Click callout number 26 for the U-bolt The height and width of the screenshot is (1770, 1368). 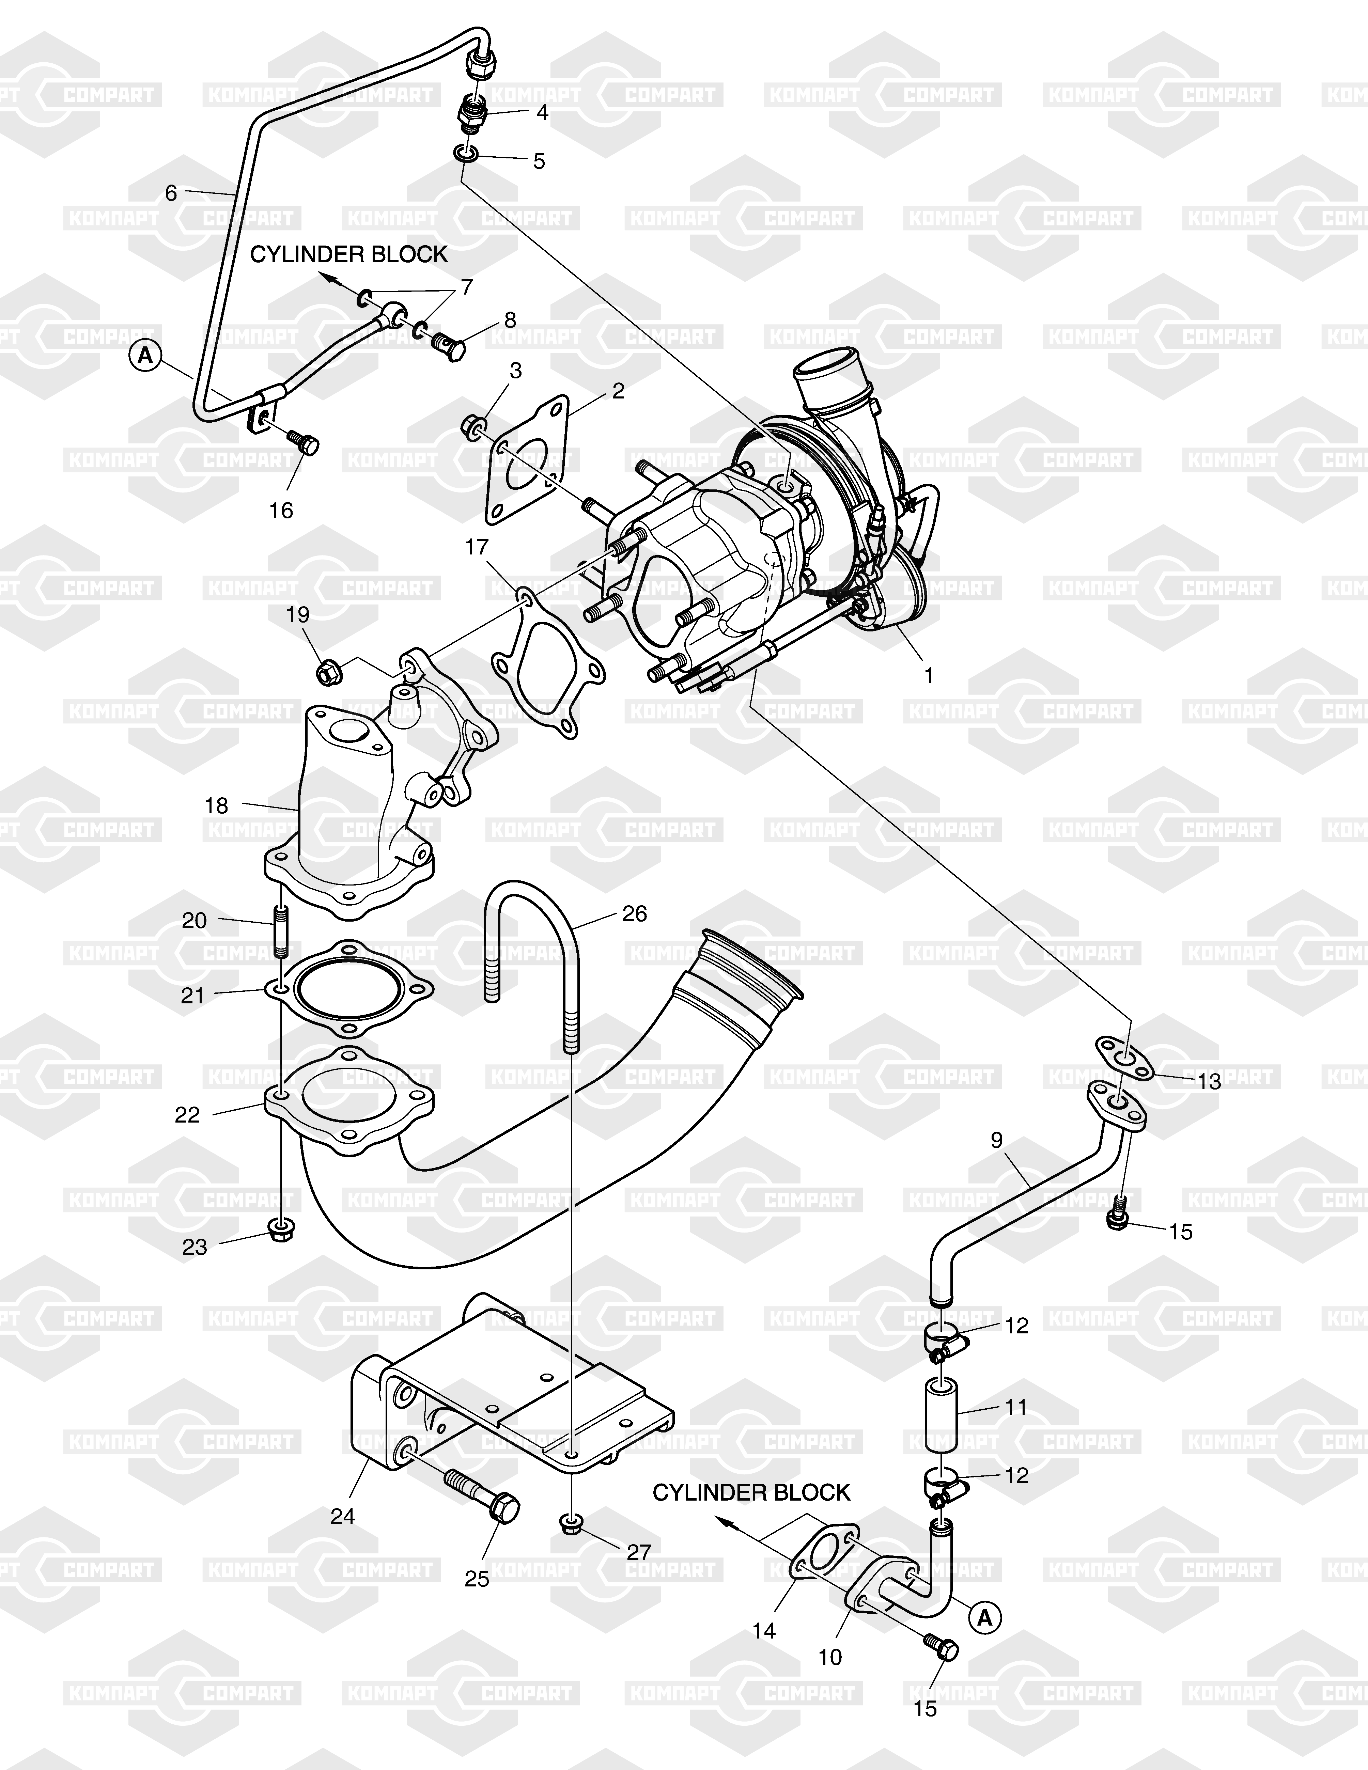pyautogui.click(x=635, y=913)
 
